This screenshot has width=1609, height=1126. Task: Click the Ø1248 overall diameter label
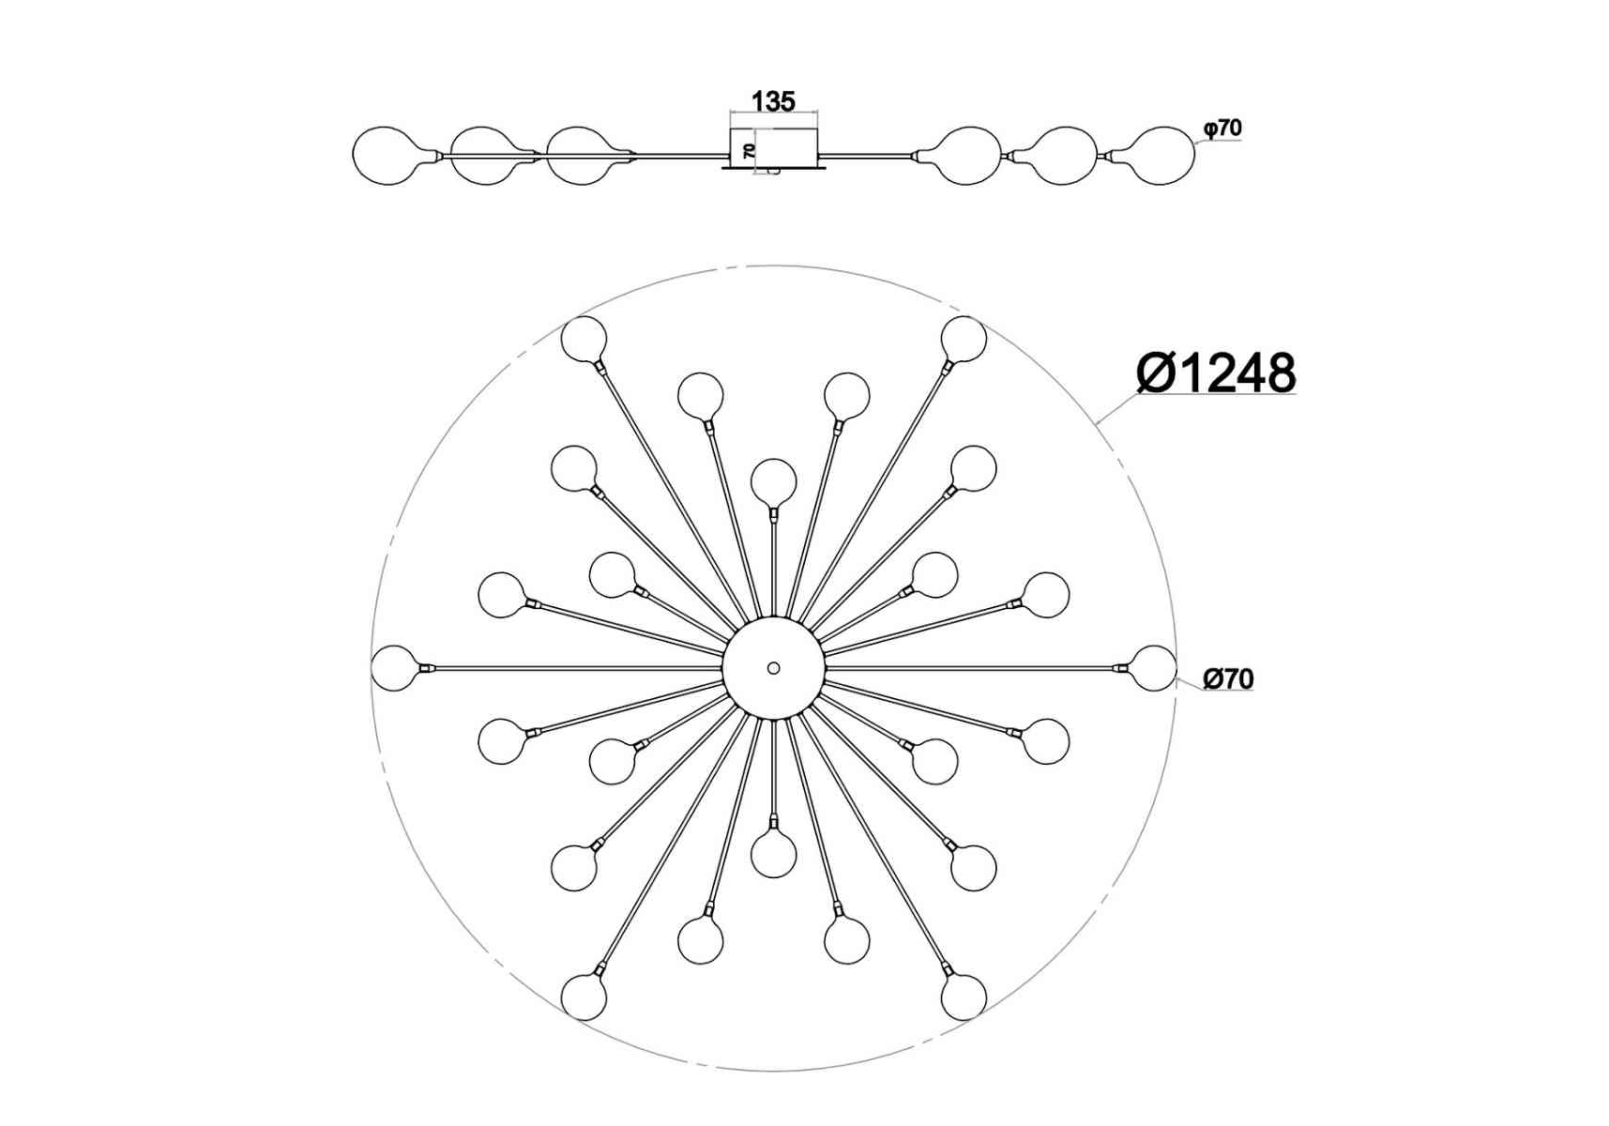pos(1216,373)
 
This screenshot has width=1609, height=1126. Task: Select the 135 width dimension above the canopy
pos(773,101)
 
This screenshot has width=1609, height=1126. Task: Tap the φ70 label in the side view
pos(1223,128)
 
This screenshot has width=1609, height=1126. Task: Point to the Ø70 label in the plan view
pos(1228,678)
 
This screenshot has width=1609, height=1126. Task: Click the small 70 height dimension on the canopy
pos(749,150)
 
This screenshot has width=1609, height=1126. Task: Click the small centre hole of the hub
pos(773,668)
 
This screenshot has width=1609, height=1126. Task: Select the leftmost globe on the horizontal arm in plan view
pos(394,668)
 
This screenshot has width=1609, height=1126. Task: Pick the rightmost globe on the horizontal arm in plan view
pos(1153,668)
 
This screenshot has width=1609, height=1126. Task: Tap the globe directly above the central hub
pos(773,482)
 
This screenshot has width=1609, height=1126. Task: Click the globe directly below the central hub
pos(773,854)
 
